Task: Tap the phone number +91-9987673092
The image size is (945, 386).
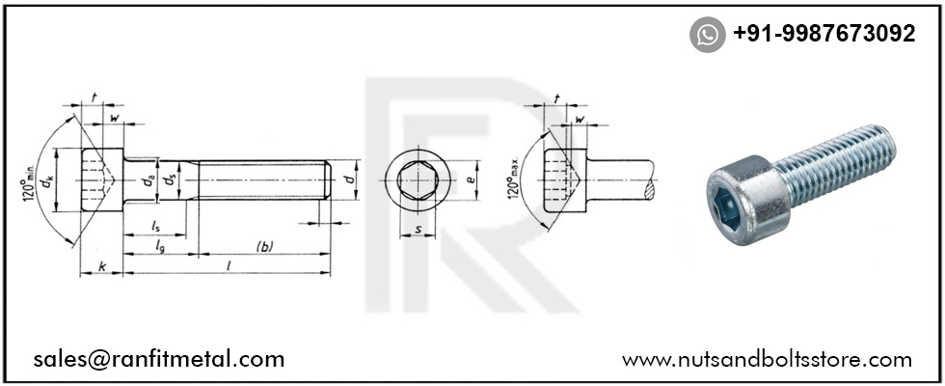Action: pyautogui.click(x=823, y=34)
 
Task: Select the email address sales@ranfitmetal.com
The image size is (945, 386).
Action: pyautogui.click(x=158, y=359)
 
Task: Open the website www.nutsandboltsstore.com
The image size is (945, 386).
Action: pyautogui.click(x=767, y=359)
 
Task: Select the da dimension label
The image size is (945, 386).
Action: pyautogui.click(x=148, y=179)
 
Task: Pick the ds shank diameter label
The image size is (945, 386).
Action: pyautogui.click(x=170, y=179)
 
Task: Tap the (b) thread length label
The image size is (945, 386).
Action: pyautogui.click(x=263, y=246)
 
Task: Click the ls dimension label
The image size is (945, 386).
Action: pyautogui.click(x=155, y=226)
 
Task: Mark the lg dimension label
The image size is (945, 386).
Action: pyautogui.click(x=161, y=247)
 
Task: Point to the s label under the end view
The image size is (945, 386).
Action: pyautogui.click(x=417, y=229)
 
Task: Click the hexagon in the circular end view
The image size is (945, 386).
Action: pyautogui.click(x=417, y=180)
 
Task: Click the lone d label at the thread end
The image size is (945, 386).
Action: pyautogui.click(x=352, y=179)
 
